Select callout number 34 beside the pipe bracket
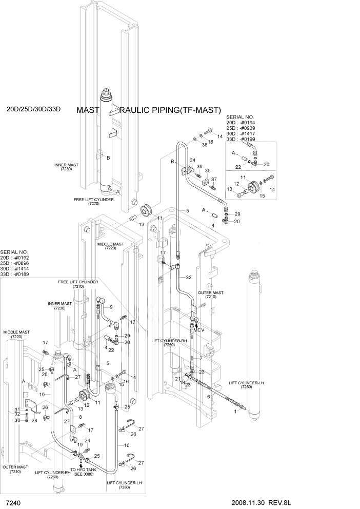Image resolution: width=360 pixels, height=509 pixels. (x=192, y=161)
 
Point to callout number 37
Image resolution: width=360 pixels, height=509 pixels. (x=214, y=179)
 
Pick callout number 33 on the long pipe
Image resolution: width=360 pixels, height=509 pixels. (x=189, y=278)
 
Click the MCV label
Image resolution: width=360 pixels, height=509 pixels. (x=199, y=330)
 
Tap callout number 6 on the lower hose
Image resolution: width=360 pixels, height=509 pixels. (x=208, y=397)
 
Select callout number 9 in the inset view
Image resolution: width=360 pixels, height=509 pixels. (x=110, y=307)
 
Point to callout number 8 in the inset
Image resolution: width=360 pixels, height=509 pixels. (x=80, y=418)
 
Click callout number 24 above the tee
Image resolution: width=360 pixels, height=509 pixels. (x=88, y=440)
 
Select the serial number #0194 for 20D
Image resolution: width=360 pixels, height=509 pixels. (x=251, y=123)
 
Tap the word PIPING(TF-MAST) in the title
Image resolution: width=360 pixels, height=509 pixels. (x=188, y=110)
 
